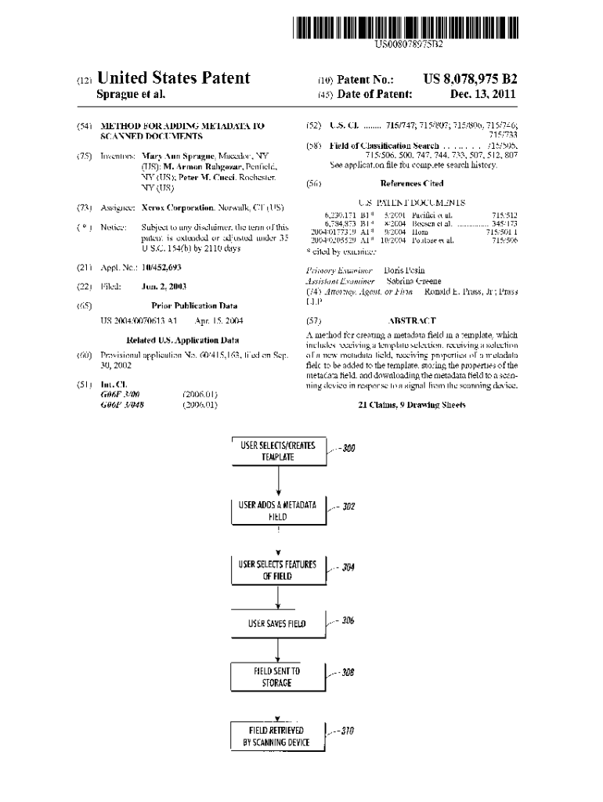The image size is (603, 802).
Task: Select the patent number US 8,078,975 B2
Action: point(470,79)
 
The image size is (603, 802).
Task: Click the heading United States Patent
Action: point(174,78)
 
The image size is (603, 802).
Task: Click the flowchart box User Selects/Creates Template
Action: point(278,451)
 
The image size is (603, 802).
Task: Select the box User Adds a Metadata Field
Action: point(278,511)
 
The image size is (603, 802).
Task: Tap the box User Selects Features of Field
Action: point(278,570)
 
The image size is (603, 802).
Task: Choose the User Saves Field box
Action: point(278,623)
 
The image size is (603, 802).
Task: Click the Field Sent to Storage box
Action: point(278,677)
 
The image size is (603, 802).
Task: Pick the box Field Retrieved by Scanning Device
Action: point(278,737)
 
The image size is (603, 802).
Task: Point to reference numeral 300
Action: point(348,449)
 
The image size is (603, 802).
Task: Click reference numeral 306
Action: point(348,620)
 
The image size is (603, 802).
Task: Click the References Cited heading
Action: point(411,183)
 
